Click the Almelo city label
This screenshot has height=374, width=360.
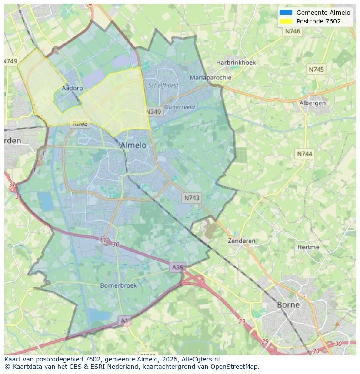(133, 145)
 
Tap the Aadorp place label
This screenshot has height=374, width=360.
(72, 88)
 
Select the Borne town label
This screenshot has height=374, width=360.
(288, 304)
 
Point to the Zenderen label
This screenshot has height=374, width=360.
(242, 241)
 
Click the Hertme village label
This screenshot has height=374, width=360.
(308, 247)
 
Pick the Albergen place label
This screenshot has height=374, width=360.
(312, 103)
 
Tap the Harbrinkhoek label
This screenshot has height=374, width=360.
(236, 63)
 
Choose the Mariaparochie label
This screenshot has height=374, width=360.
(210, 78)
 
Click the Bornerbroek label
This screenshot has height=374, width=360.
(118, 285)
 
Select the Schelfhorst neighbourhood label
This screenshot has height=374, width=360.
(163, 86)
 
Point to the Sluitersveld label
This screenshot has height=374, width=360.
(179, 107)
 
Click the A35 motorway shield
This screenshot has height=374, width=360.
(177, 268)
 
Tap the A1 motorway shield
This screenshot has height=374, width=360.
(124, 321)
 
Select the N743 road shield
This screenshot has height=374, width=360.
(192, 198)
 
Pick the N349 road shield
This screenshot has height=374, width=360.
(153, 112)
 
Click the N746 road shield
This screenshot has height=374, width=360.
(293, 31)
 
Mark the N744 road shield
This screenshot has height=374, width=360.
(304, 154)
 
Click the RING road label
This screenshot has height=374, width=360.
(80, 123)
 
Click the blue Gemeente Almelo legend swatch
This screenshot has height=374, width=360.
(286, 13)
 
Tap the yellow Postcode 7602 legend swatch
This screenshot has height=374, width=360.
(286, 21)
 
